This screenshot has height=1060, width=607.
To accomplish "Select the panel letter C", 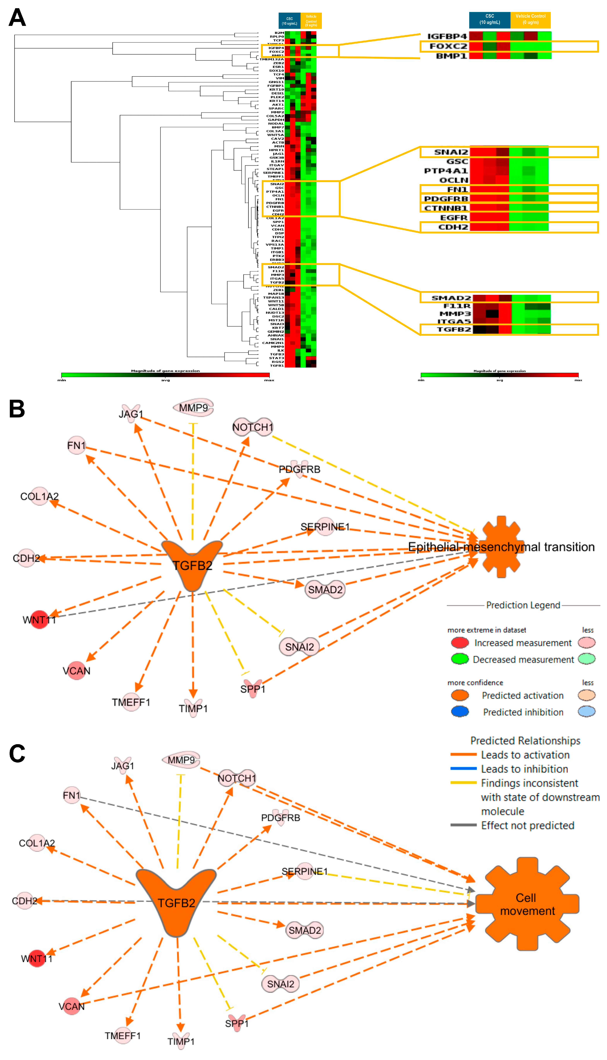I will click(17, 753).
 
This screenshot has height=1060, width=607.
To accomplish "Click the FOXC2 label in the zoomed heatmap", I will click(448, 46).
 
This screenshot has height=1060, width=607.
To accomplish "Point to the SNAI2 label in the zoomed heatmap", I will click(451, 152).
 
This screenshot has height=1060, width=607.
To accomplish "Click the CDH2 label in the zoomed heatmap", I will click(453, 227).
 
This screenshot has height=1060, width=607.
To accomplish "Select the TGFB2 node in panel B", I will click(192, 563).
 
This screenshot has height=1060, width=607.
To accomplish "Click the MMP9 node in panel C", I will click(181, 760).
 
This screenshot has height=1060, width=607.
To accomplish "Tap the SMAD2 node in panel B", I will click(325, 590).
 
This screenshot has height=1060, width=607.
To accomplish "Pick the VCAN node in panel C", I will click(72, 1006).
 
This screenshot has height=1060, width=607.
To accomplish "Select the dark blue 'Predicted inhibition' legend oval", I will click(460, 712).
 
